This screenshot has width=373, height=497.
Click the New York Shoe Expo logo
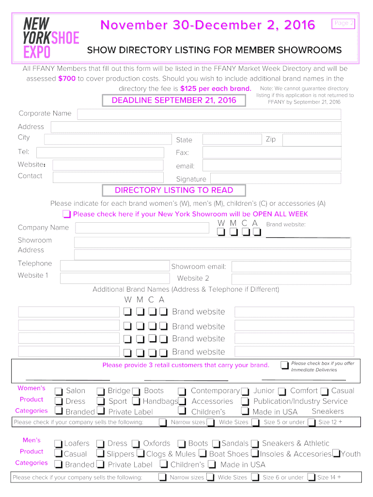(51, 37)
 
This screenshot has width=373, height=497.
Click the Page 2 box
(343, 23)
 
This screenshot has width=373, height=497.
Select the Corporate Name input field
(209, 114)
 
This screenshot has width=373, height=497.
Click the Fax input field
(272, 152)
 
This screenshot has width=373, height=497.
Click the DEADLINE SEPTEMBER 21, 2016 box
(174, 100)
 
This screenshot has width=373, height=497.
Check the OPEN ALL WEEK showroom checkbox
(67, 215)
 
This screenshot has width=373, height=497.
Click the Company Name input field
(140, 228)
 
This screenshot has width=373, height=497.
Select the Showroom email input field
(291, 266)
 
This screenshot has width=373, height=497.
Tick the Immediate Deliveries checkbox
(284, 364)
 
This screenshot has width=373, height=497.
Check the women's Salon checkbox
(59, 391)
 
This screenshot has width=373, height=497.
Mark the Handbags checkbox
(136, 402)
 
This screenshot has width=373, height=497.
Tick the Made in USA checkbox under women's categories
(245, 412)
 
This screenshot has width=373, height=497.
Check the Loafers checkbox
(58, 444)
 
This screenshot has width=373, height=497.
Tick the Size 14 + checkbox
(311, 478)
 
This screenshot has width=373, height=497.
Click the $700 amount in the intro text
(67, 79)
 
